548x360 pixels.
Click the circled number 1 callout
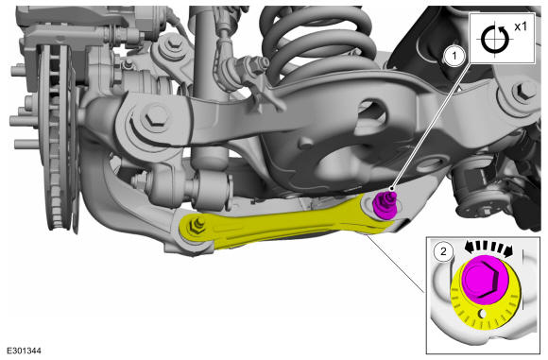[x=454, y=55]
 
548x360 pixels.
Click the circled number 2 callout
[x=443, y=251]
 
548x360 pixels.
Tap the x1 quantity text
[x=521, y=26]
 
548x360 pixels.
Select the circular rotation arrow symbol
[x=494, y=39]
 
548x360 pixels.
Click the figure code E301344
[x=25, y=351]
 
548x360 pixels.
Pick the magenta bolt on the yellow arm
[x=385, y=206]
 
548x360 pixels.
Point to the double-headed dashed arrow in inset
[x=488, y=248]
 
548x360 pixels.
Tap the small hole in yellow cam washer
[x=482, y=314]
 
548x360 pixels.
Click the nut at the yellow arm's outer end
[x=197, y=226]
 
